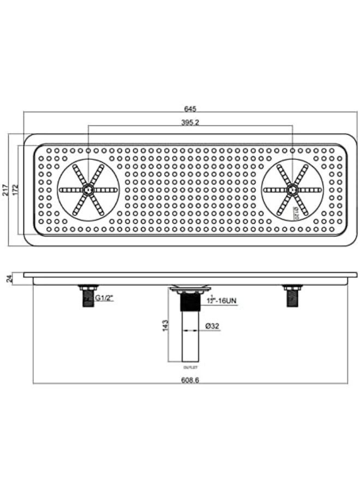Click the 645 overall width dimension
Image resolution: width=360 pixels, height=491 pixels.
coord(190,108)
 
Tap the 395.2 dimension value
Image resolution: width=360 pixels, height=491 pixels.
coord(190,122)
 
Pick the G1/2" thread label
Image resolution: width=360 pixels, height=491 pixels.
coord(104,299)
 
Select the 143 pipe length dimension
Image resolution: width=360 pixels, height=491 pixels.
coord(166,326)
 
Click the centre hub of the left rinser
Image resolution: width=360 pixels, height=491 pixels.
coord(88,189)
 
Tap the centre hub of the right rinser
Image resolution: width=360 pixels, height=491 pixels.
coord(292,189)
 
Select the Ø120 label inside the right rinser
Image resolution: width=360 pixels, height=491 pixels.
coord(296,212)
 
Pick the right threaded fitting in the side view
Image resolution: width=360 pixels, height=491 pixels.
coord(291,296)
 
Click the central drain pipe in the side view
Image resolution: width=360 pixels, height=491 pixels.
coord(189,333)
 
